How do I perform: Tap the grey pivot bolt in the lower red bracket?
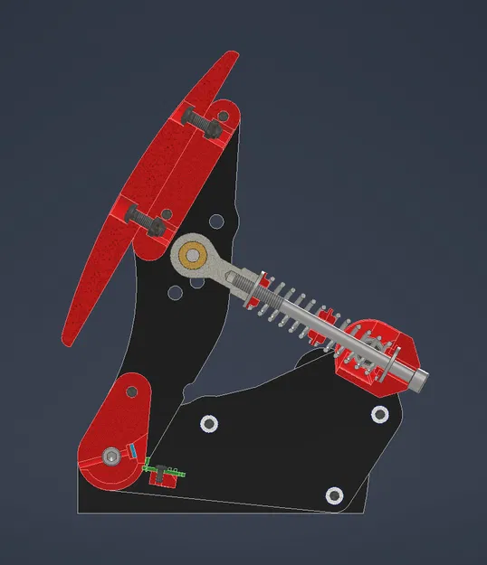click(110, 457)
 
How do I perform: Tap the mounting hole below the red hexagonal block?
click(379, 414)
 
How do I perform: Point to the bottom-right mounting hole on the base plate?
click(334, 494)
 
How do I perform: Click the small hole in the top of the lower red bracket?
click(131, 392)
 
